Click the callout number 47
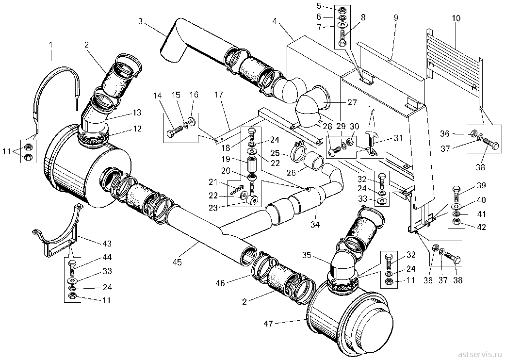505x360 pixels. (x=268, y=324)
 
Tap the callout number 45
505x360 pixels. (x=177, y=262)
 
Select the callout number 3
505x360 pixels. (x=140, y=21)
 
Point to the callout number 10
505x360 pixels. (x=456, y=18)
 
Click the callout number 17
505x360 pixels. (x=218, y=95)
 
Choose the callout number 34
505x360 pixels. (x=315, y=225)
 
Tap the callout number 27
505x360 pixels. (x=352, y=102)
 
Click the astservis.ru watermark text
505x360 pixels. (x=479, y=353)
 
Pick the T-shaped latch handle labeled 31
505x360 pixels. (x=372, y=139)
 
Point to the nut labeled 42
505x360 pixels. (x=456, y=222)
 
